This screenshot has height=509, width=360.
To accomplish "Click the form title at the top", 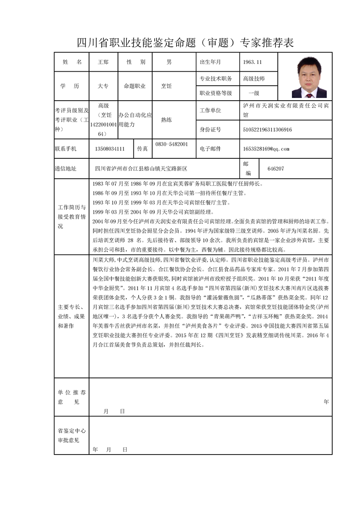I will (x=185, y=43).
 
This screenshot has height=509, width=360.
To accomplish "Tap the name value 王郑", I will (x=104, y=62).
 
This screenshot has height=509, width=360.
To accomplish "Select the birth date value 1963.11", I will (x=252, y=62).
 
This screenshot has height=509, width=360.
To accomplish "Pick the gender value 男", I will (x=169, y=62).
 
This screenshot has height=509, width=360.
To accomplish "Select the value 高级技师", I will (x=254, y=78).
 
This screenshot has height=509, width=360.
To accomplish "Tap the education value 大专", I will (x=103, y=86).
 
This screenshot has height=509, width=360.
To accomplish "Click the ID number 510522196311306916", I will (x=267, y=130).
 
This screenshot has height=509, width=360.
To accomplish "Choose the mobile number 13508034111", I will (x=110, y=148).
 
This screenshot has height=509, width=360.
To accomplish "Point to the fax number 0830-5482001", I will (x=172, y=144).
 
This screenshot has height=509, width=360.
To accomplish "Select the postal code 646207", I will (x=276, y=168).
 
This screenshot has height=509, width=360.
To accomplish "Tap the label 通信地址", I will (x=65, y=169).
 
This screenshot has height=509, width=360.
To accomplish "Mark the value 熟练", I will (x=168, y=120).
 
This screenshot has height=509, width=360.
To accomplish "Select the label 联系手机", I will (x=65, y=148).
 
